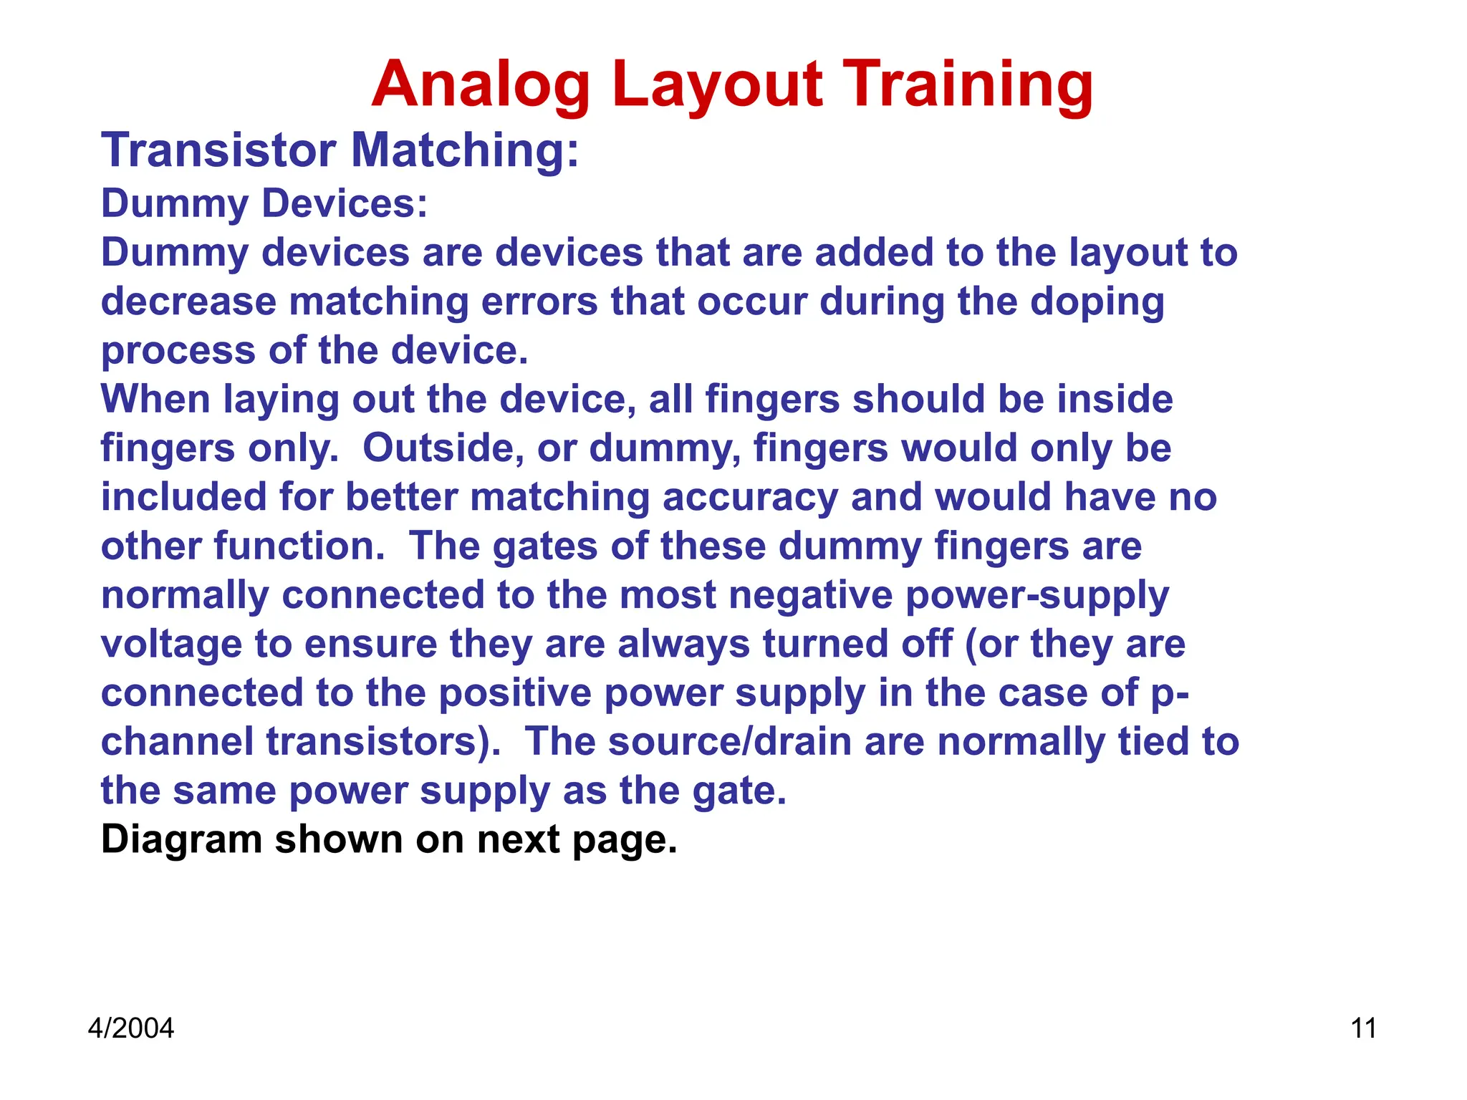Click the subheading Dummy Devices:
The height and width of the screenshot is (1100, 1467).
click(x=264, y=203)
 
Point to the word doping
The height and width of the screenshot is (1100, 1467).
click(x=1097, y=301)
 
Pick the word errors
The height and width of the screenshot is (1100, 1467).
click(x=539, y=301)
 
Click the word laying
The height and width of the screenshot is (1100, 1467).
click(x=281, y=400)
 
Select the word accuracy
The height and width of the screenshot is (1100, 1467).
click(x=750, y=497)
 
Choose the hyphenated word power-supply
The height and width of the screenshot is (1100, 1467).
click(x=1037, y=595)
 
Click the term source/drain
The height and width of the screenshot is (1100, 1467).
click(x=730, y=741)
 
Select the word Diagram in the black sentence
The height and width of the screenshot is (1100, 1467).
click(x=182, y=839)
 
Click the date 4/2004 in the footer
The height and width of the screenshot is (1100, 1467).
click(x=130, y=1028)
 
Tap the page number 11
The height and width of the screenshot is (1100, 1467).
click(x=1363, y=1028)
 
